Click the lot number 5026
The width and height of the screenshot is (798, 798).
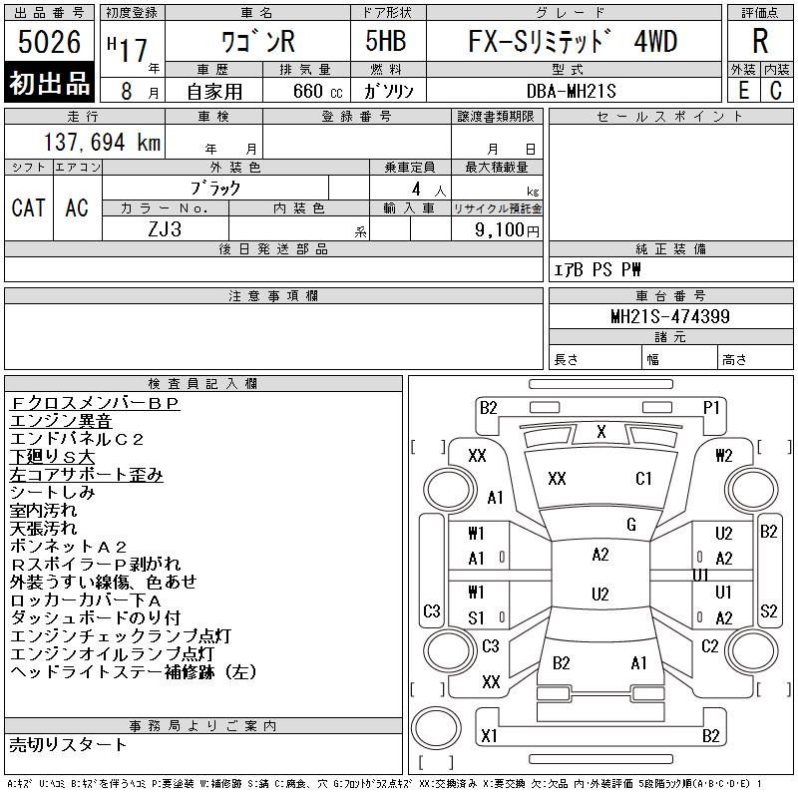49,43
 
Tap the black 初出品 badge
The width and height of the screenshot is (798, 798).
49,83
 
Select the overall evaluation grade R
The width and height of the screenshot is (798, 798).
760,43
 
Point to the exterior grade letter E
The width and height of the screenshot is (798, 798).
743,90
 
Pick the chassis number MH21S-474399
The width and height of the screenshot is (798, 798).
669,317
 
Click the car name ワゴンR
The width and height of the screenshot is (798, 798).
257,43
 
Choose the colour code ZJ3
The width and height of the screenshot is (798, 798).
165,229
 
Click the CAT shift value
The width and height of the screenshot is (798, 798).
28,207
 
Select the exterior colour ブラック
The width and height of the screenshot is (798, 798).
215,188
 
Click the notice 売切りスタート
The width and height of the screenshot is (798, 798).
68,744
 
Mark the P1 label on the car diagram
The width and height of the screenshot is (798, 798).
711,407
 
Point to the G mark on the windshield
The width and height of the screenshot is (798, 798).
630,525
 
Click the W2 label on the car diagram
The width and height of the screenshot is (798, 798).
724,456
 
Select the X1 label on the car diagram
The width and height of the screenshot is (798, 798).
489,736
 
